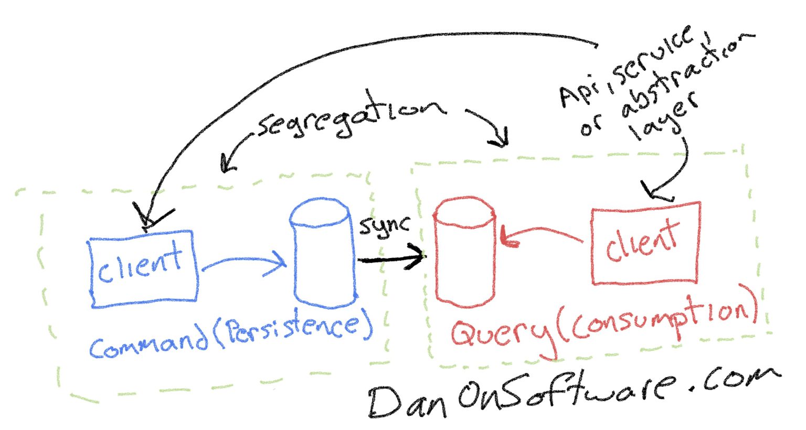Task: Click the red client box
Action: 645,243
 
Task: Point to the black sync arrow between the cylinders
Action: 391,259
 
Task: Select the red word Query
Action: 501,335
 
